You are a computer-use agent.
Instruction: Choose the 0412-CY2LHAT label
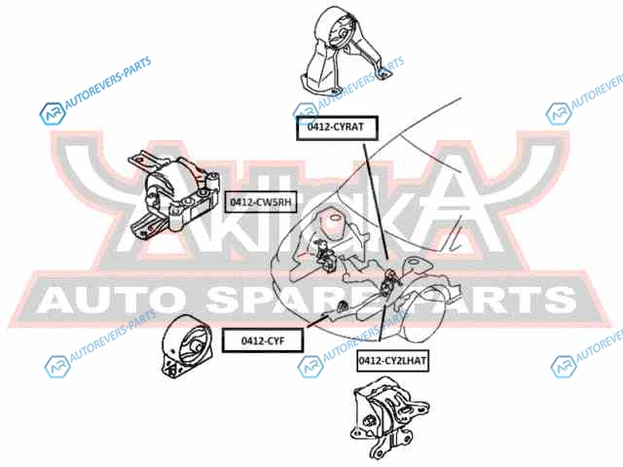tap(392, 360)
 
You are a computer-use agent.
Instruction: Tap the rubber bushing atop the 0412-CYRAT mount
tap(344, 29)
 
